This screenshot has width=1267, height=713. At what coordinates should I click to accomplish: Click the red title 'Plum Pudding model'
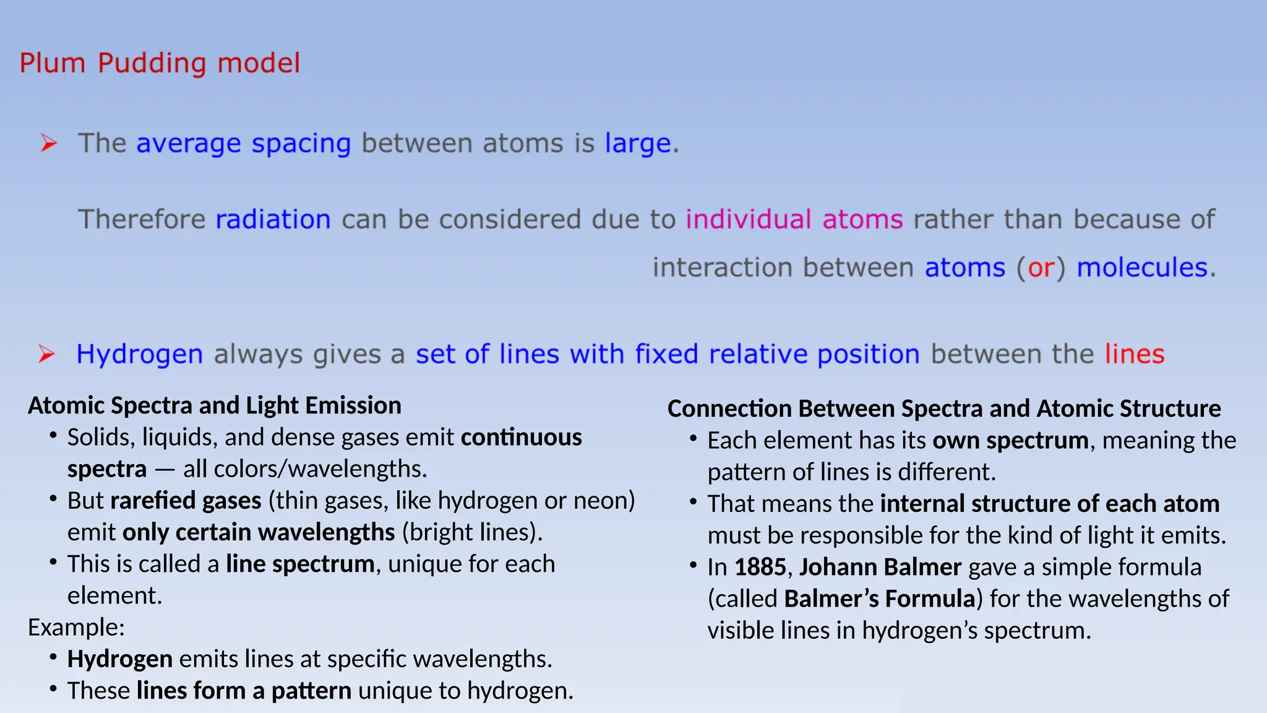tap(160, 63)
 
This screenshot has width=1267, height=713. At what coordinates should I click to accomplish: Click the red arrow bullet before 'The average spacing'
tap(48, 143)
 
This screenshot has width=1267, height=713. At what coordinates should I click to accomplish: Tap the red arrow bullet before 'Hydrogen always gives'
tap(46, 354)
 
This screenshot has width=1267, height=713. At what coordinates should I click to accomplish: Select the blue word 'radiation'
tap(273, 220)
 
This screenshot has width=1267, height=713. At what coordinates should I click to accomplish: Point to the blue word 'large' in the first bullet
tap(638, 144)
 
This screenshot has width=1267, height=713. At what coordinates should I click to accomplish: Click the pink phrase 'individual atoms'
tap(794, 220)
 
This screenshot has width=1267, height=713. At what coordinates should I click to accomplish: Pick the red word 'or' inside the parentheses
tap(1041, 268)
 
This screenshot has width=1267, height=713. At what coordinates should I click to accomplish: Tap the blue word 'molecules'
tap(1142, 268)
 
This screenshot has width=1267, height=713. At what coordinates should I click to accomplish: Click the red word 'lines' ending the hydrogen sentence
tap(1135, 355)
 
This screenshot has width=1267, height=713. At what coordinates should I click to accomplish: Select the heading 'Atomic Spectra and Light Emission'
tap(215, 405)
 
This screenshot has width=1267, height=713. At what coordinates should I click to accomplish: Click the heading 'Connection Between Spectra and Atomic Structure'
tap(944, 408)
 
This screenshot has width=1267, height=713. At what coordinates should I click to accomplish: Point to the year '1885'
tap(760, 567)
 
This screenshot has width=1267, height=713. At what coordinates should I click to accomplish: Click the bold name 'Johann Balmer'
tap(880, 567)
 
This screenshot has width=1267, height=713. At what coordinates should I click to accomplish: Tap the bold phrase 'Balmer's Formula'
tap(880, 598)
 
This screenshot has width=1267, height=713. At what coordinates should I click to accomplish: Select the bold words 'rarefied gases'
tap(186, 501)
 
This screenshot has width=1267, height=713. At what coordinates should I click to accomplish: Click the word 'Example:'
tap(76, 628)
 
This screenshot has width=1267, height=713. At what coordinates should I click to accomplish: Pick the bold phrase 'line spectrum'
tap(300, 564)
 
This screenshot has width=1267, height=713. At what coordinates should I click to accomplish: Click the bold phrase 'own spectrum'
tap(1010, 441)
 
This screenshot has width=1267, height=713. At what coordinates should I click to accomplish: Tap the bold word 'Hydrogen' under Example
tap(120, 659)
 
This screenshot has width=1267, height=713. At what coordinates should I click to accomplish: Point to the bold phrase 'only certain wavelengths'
tap(259, 532)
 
